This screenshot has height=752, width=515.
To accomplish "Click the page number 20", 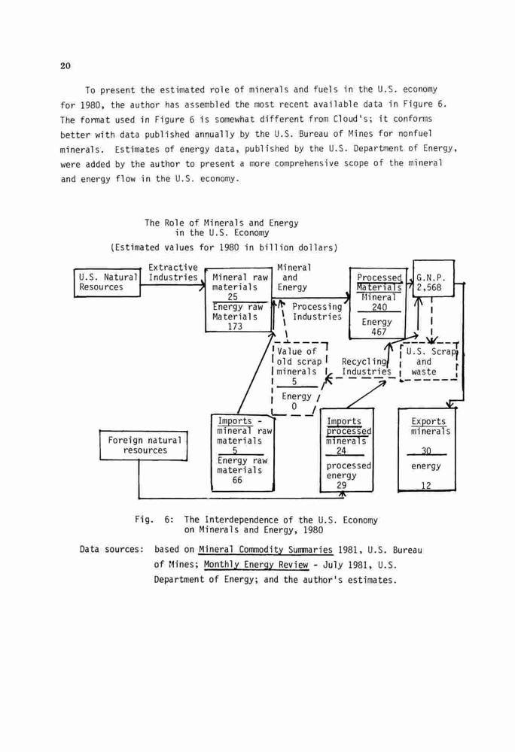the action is [66, 66].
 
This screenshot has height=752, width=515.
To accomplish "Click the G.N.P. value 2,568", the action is [428, 288].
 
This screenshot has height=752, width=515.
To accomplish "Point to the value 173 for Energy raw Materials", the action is [235, 326].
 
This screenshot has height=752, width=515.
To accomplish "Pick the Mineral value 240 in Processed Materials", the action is [379, 307].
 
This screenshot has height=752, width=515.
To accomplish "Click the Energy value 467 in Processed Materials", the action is [379, 332].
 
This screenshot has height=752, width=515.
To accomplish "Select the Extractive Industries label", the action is [172, 272].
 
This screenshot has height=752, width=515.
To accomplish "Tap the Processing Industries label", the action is [317, 312].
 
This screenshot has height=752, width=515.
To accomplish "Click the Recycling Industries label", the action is [366, 366].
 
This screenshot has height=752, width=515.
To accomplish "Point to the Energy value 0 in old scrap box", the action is [294, 407].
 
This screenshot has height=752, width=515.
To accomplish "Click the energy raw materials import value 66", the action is [237, 480].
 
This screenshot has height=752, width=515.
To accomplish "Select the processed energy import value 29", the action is [341, 485].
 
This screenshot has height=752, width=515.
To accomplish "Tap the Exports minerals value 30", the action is [426, 450].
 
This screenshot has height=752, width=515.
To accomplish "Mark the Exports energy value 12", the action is [426, 485].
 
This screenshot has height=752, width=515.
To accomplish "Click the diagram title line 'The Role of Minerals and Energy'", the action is [221, 223].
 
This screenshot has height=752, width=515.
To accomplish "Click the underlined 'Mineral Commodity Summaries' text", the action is [266, 550].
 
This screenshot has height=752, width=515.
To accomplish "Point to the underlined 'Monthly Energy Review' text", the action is [256, 565].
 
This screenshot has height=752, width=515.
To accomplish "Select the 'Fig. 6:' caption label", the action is [154, 520].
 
